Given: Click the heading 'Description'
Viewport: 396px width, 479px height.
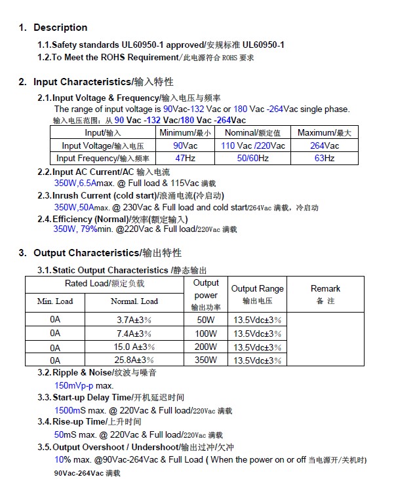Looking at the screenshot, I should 60,28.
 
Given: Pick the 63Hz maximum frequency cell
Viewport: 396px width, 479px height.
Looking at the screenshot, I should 325,159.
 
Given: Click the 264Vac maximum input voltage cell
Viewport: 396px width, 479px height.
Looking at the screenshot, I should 325,145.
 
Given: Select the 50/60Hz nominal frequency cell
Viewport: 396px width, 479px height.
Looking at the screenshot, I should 252,159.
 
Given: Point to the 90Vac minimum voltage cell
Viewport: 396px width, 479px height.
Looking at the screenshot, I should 186,145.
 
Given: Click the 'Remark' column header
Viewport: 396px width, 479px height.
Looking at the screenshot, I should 325,288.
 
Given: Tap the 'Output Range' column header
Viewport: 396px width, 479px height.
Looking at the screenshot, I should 258,288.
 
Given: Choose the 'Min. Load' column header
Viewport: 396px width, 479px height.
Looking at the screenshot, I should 55,301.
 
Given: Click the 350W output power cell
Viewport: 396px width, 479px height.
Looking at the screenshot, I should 206,360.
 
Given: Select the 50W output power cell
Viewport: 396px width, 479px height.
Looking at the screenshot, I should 206,320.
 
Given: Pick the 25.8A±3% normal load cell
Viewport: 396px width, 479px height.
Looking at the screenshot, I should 134,360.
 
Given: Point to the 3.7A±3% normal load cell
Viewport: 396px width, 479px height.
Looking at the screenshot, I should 134,320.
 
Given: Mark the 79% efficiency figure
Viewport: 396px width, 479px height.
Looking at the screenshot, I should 89,229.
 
